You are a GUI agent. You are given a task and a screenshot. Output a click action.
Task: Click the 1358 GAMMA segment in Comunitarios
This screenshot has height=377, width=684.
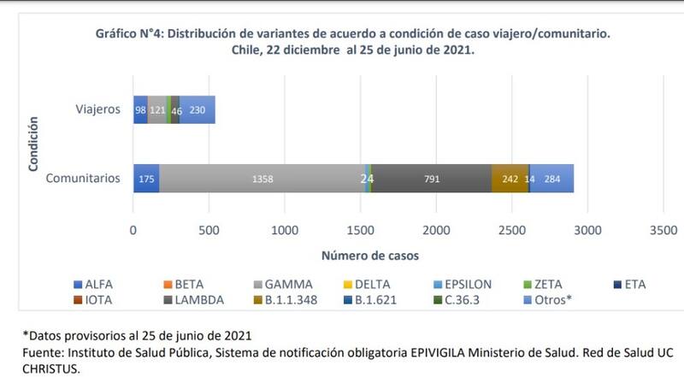(x=262, y=179)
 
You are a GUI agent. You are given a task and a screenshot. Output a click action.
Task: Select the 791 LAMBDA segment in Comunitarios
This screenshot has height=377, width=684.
(x=432, y=179)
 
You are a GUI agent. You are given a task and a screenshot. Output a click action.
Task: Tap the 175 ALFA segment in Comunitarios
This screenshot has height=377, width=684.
(x=146, y=179)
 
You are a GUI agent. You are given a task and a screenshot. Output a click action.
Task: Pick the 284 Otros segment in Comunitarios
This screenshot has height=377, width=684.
(x=552, y=179)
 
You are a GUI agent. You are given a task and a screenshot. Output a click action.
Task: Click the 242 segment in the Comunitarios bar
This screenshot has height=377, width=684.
(x=510, y=179)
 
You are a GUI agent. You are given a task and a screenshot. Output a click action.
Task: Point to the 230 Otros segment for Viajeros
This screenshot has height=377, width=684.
(x=198, y=110)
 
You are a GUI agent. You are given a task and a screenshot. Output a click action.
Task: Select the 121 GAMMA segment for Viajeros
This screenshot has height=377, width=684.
(x=157, y=110)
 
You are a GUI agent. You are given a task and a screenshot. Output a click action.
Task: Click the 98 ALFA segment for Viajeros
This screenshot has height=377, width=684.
(x=140, y=110)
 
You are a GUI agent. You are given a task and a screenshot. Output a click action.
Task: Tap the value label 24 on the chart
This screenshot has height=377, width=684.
(x=367, y=179)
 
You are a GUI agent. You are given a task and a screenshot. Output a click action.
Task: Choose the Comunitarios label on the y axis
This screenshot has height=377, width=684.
(x=81, y=179)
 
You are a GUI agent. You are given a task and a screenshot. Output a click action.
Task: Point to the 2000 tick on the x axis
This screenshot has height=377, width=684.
(x=436, y=230)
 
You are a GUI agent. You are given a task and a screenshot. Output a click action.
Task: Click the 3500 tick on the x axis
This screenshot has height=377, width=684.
(x=663, y=230)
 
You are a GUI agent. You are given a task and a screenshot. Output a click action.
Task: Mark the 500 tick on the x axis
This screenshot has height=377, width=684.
(x=209, y=230)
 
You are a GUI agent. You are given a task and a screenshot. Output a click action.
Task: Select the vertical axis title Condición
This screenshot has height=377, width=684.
(x=34, y=144)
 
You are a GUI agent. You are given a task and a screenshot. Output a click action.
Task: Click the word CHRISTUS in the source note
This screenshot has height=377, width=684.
(x=38, y=368)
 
